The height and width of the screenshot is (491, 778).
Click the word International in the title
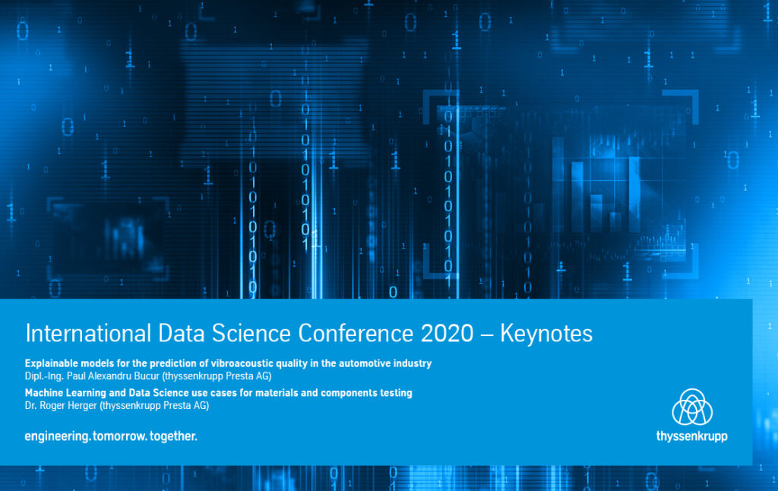tap(88, 333)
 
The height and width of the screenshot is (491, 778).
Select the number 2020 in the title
tap(447, 333)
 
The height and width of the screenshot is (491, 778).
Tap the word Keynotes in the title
tap(546, 334)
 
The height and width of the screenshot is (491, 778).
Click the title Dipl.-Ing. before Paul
tap(44, 376)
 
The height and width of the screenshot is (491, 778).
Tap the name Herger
tap(82, 406)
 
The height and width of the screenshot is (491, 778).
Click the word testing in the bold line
tap(396, 393)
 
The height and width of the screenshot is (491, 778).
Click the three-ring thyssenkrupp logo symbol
tap(692, 407)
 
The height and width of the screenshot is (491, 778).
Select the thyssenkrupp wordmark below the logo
tap(692, 436)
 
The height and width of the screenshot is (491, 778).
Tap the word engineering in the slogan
tap(56, 436)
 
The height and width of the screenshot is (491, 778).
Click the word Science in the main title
tap(251, 333)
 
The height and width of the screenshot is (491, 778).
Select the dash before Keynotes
tap(487, 334)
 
